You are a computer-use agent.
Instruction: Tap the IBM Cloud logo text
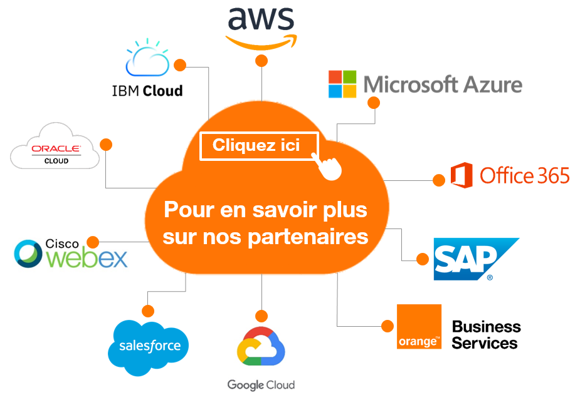click(x=147, y=91)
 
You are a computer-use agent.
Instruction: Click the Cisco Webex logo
click(x=71, y=254)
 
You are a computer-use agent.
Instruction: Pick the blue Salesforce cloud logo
click(x=149, y=346)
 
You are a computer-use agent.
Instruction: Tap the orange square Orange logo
click(x=419, y=327)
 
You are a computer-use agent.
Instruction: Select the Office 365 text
click(x=524, y=176)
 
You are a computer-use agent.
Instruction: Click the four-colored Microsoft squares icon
click(x=342, y=84)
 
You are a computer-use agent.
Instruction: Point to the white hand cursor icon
click(x=329, y=165)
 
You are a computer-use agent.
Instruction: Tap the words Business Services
click(x=486, y=335)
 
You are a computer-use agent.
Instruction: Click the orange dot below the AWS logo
click(x=261, y=61)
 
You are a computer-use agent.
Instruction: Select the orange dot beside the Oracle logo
click(x=106, y=144)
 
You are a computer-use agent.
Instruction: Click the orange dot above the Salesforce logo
click(x=148, y=311)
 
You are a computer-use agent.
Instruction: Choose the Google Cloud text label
click(x=261, y=384)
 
